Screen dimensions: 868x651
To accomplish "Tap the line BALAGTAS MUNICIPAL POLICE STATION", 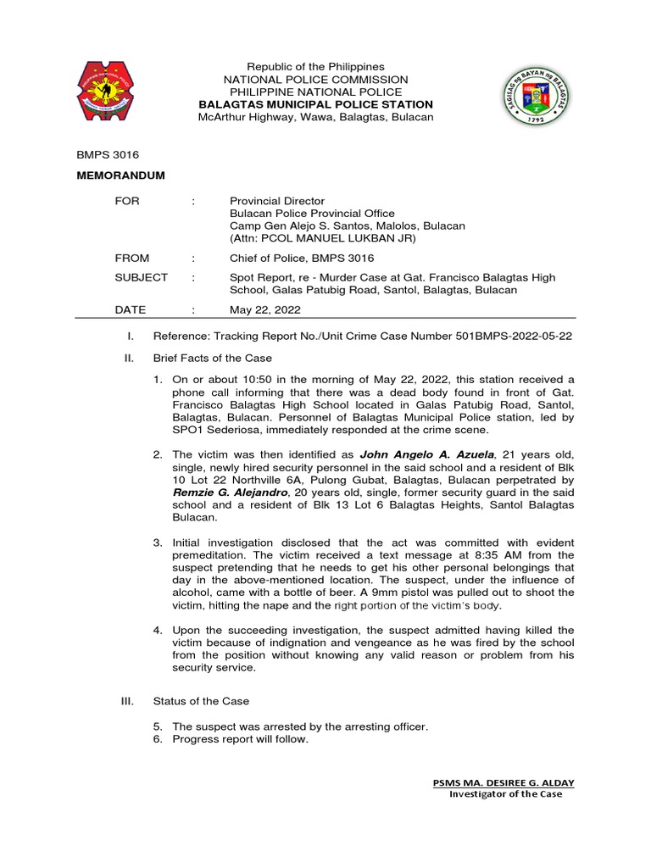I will (x=315, y=104).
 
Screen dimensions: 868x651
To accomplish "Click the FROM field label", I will (x=132, y=259).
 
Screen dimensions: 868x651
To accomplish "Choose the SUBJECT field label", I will (x=141, y=278).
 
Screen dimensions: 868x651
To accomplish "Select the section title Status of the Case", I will (x=201, y=701).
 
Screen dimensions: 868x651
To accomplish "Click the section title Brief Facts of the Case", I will (x=208, y=359).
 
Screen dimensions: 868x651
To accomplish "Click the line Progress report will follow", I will (x=240, y=739).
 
